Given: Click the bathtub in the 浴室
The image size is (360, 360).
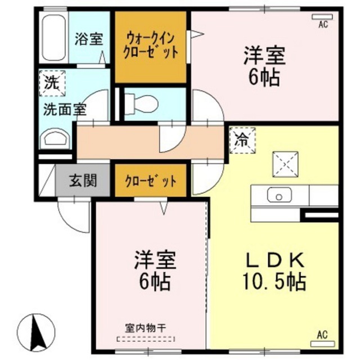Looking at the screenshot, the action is click(x=54, y=38).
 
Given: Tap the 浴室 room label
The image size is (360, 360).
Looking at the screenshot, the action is click(x=89, y=39).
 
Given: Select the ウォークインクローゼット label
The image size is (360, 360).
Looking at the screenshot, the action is click(x=151, y=46).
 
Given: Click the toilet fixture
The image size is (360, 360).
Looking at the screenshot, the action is click(x=142, y=104).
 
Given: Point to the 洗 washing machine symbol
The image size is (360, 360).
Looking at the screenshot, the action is click(x=52, y=83).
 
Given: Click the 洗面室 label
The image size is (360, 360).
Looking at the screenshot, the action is click(x=65, y=110).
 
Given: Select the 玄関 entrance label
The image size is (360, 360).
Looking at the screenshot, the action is click(x=83, y=181).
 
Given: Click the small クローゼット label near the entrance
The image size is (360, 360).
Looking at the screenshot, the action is click(x=151, y=181).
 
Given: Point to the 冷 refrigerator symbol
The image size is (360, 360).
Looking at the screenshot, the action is click(x=242, y=140).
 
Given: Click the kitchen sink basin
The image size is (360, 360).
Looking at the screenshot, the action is click(x=279, y=195).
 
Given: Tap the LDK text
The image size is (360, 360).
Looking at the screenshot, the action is click(x=275, y=260).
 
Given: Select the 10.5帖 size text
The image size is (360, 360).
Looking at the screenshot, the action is click(x=274, y=281).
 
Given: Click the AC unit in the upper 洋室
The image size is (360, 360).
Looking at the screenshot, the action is click(x=322, y=17).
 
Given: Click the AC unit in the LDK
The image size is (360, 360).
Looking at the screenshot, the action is click(x=322, y=344).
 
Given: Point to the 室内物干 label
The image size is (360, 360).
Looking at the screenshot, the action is click(x=146, y=328).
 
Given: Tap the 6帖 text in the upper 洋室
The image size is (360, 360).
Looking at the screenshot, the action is click(x=264, y=78).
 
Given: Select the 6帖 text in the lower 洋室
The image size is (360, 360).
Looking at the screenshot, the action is click(x=155, y=281).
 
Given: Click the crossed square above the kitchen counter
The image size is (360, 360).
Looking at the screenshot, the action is click(x=285, y=164).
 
